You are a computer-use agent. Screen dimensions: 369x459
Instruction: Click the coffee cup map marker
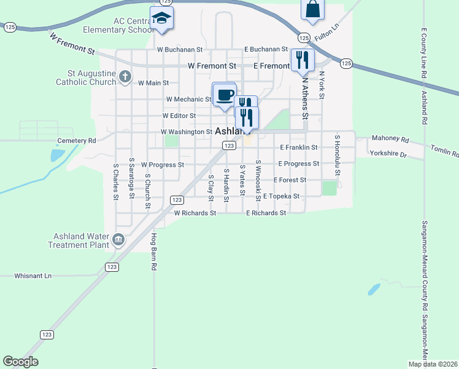pos(224,95)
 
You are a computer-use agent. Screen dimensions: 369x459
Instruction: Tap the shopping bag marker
pos(312,9)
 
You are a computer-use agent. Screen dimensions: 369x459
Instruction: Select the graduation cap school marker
pos(162,18)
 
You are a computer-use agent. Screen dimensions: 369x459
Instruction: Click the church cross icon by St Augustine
pos(125,77)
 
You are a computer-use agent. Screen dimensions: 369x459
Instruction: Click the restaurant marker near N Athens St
pos(303,60)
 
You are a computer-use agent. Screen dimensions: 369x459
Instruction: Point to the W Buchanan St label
pos(180,49)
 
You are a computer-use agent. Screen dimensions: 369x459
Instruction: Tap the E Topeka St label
pos(280,196)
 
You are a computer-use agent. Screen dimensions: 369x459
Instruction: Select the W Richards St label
pos(195,213)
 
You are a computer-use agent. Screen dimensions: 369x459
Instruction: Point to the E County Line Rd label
pos(424,52)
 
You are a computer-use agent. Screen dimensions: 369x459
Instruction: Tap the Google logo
pos(20,362)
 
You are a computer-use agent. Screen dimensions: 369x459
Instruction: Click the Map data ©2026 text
pos(432,363)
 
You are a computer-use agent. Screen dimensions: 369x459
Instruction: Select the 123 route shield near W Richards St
pos(177,200)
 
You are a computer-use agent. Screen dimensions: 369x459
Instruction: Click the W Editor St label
pos(179,116)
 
